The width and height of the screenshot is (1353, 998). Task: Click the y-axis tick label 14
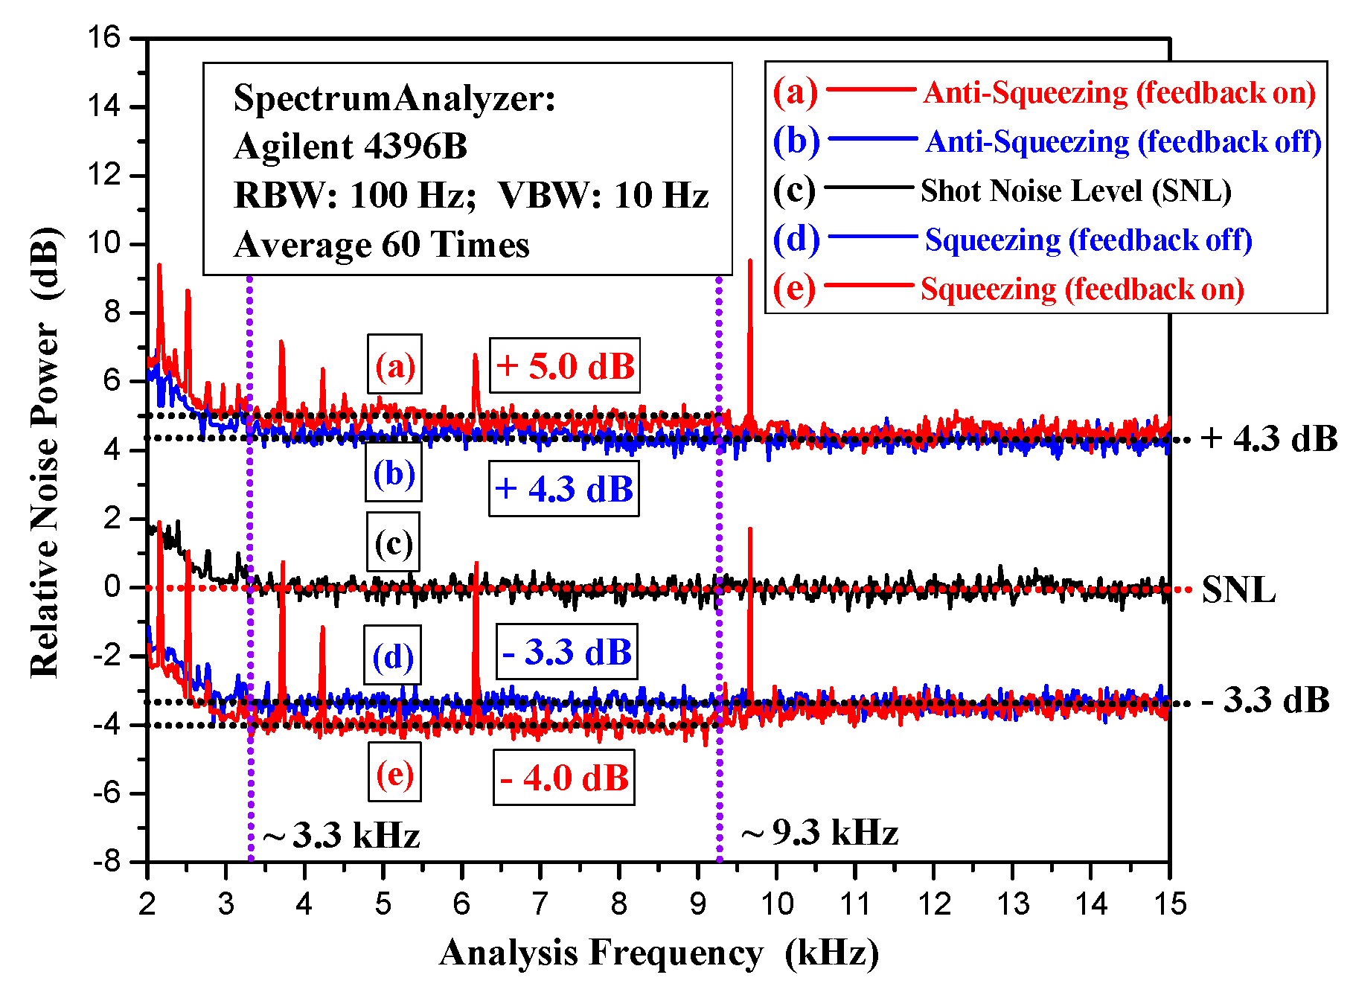point(103,106)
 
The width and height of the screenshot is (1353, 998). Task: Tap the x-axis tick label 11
point(855,904)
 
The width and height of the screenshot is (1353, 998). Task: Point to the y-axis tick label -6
point(106,793)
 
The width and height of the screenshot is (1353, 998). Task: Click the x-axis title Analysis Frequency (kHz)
point(659,953)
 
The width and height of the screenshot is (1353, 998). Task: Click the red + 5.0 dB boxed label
point(565,365)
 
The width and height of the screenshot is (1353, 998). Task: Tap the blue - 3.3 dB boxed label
point(567,652)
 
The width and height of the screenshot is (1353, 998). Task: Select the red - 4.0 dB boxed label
point(564,778)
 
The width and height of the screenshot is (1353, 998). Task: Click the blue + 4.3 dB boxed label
point(564,489)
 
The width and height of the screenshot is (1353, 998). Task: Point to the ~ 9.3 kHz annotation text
point(819,832)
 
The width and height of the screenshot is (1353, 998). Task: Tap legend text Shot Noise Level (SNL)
point(1075,191)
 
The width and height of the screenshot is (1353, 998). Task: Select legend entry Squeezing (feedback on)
point(1082,289)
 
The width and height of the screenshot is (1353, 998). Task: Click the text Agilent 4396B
point(351,147)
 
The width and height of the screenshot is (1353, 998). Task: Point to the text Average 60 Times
point(381,245)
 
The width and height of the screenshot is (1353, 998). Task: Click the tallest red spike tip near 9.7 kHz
point(750,260)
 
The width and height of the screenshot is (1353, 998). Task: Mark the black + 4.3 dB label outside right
point(1269,438)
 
